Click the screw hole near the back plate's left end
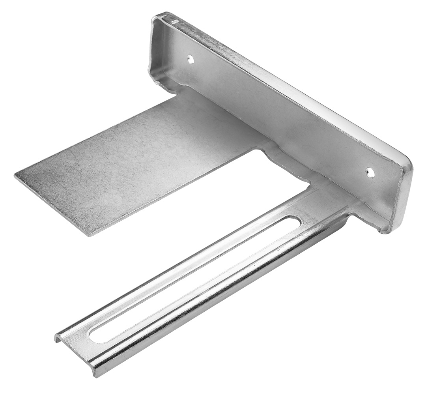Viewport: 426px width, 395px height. click(191, 60)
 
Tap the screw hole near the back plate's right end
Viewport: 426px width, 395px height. click(370, 172)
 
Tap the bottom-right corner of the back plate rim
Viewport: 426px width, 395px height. click(389, 232)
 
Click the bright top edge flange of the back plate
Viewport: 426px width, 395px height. click(284, 83)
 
